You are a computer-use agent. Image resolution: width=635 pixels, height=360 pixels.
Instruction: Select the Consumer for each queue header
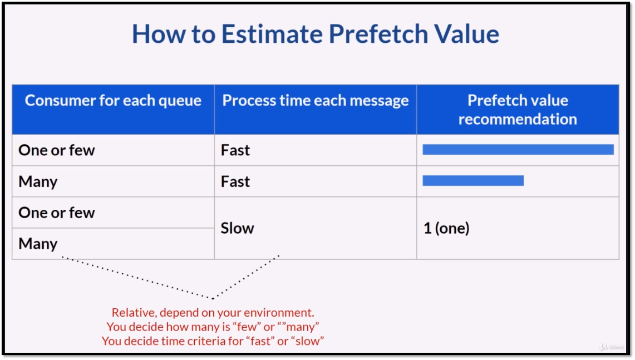(x=113, y=100)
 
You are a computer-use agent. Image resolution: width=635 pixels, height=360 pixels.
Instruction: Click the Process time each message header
(x=316, y=100)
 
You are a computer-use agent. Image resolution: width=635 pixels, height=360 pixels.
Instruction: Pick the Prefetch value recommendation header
(x=518, y=110)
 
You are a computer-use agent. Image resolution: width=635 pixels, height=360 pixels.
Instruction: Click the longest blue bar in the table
(x=518, y=150)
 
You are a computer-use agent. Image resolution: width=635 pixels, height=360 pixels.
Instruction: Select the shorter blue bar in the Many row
(x=473, y=181)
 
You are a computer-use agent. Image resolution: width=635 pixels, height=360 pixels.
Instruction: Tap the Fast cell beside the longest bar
(x=235, y=150)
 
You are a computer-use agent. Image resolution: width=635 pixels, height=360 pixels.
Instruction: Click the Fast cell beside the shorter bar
(x=235, y=181)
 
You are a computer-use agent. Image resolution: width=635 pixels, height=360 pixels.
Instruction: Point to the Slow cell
(x=237, y=228)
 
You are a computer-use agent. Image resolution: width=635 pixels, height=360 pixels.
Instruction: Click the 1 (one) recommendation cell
(x=446, y=228)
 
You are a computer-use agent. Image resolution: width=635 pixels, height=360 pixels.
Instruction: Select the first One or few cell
(x=57, y=150)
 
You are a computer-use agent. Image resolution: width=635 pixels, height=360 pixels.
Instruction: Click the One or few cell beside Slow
(x=57, y=213)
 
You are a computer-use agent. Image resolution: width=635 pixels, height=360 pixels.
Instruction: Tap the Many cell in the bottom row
(x=38, y=244)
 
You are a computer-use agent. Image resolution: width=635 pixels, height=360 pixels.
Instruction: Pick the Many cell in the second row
(x=38, y=182)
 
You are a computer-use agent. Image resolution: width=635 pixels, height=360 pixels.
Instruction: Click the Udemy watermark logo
(x=612, y=347)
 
